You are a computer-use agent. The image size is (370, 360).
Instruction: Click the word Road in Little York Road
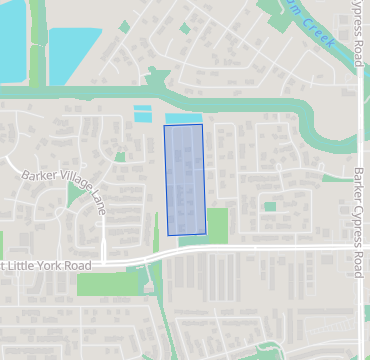(x=79, y=266)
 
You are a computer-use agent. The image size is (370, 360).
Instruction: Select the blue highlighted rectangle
(x=184, y=180)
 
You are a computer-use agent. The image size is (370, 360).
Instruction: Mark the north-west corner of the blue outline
(x=164, y=125)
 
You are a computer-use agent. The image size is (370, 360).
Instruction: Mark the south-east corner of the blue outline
(x=206, y=234)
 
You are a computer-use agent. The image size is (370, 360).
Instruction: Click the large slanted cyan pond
(x=73, y=52)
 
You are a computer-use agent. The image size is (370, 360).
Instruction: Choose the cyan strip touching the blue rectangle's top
(x=183, y=119)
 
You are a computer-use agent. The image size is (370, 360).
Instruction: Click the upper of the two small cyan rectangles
(x=143, y=108)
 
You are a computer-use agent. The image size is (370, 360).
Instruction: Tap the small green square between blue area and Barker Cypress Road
(x=269, y=206)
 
